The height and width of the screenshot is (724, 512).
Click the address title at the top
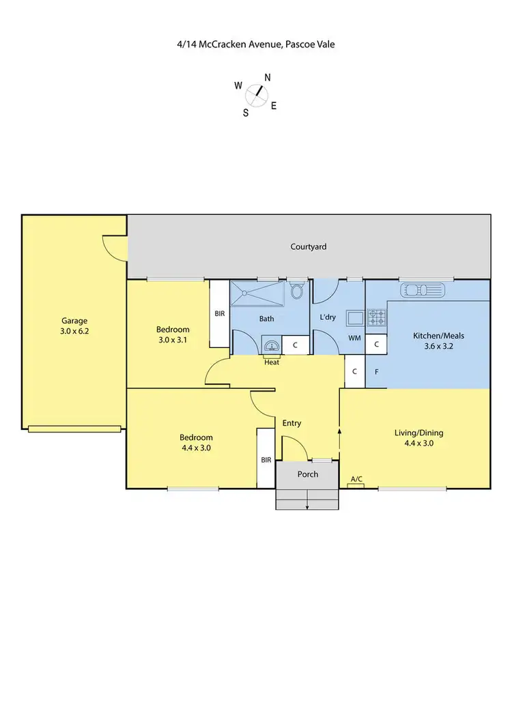click(256, 44)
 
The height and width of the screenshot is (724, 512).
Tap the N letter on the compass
click(268, 78)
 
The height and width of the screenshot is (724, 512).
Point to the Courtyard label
click(308, 246)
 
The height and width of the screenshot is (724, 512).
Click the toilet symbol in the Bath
click(296, 292)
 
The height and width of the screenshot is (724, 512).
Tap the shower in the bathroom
click(255, 294)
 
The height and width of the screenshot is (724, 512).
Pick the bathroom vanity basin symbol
click(271, 346)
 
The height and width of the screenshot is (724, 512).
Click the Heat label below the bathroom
click(272, 362)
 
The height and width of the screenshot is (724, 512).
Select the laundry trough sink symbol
click(355, 317)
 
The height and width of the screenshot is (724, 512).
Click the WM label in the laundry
click(354, 338)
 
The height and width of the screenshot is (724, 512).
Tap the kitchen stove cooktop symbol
click(377, 317)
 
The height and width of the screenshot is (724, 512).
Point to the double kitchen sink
click(422, 289)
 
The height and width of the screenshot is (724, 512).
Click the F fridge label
click(376, 372)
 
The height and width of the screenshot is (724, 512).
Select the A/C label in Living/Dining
click(356, 480)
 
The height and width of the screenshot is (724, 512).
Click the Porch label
click(308, 474)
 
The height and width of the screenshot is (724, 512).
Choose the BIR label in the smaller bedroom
click(219, 315)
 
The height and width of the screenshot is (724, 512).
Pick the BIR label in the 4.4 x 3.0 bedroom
click(266, 460)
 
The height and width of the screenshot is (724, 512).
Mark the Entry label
click(291, 423)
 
